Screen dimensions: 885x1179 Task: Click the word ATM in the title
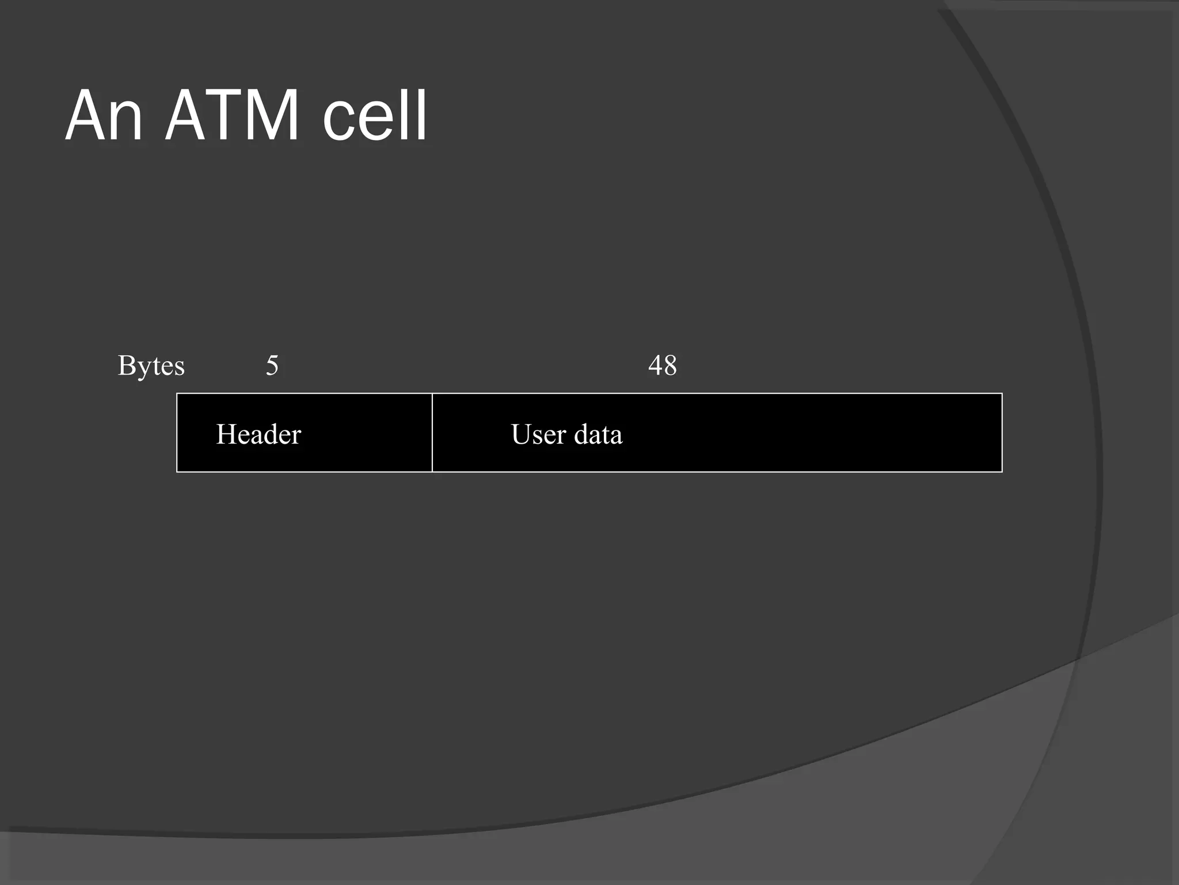[231, 115]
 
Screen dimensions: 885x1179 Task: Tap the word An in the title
[104, 115]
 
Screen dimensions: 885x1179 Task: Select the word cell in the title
[375, 115]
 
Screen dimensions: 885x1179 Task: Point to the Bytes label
[151, 365]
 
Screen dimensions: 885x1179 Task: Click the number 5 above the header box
[272, 365]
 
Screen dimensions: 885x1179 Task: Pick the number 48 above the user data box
[662, 365]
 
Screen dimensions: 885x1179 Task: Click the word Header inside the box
[258, 434]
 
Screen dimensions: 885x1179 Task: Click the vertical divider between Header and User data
[432, 433]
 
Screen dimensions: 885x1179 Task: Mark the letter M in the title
[269, 115]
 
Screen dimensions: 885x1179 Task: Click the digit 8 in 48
[670, 365]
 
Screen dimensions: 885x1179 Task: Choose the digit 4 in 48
[655, 365]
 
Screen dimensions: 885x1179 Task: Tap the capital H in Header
[226, 434]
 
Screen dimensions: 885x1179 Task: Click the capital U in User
[522, 434]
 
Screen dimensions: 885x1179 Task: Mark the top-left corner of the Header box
[177, 394]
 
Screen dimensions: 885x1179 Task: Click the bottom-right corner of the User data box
[1002, 471]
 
